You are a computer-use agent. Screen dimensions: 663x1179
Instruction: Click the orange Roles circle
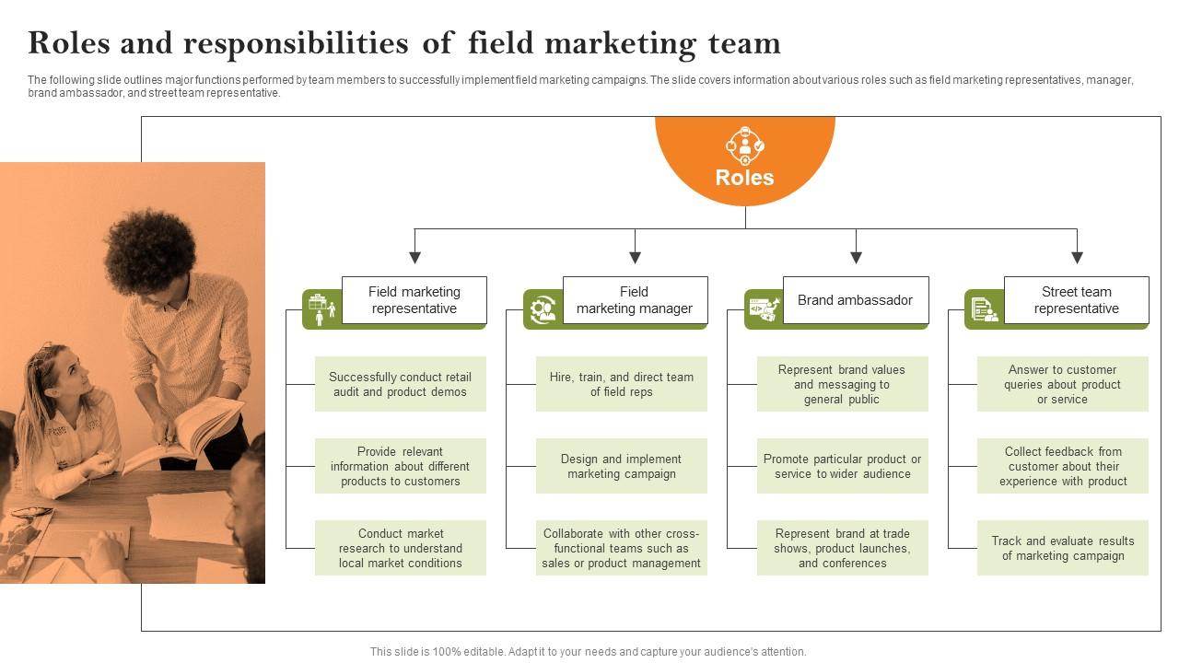point(744,161)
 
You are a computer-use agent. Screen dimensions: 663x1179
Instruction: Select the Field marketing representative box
point(414,300)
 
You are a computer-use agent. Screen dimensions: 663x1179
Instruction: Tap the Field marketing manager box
point(635,300)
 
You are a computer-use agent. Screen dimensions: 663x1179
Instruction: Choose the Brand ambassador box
point(855,300)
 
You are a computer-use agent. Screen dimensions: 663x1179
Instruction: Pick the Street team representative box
point(1076,300)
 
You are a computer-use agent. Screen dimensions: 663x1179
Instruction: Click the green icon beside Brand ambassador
point(763,308)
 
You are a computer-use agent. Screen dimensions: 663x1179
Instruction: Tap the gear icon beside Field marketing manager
point(543,308)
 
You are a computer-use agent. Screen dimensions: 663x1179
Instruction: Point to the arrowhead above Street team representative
point(1077,258)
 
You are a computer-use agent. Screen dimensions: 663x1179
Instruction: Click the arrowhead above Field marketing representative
point(415,258)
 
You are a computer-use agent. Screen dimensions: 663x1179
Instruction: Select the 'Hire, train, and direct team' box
point(622,384)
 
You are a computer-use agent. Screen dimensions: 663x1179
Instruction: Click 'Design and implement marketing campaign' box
point(622,466)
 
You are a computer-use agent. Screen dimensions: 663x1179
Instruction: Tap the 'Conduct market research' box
point(401,548)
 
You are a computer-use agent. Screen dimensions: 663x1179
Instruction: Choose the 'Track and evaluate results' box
point(1063,548)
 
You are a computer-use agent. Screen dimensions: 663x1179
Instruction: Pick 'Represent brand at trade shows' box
point(842,548)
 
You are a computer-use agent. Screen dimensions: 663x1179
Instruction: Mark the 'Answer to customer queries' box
point(1063,384)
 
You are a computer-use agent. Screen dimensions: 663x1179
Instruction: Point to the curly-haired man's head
point(152,249)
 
